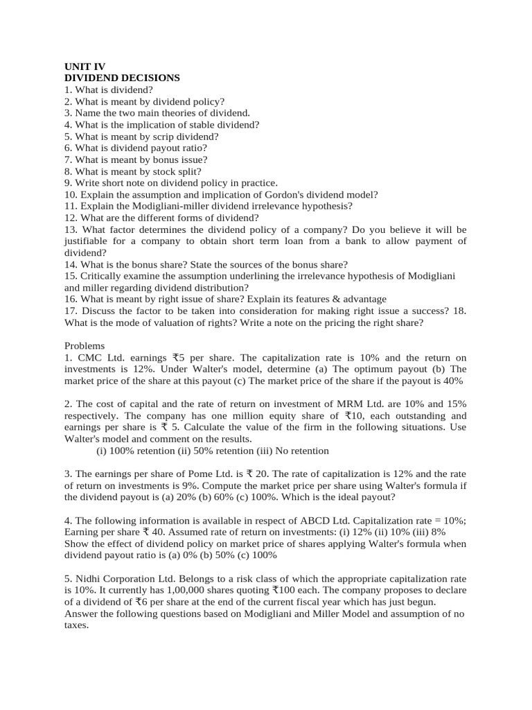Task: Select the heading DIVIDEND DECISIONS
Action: tap(122, 78)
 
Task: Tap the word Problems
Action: tap(85, 345)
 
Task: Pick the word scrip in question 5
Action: tap(155, 136)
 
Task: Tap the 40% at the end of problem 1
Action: tap(450, 381)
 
